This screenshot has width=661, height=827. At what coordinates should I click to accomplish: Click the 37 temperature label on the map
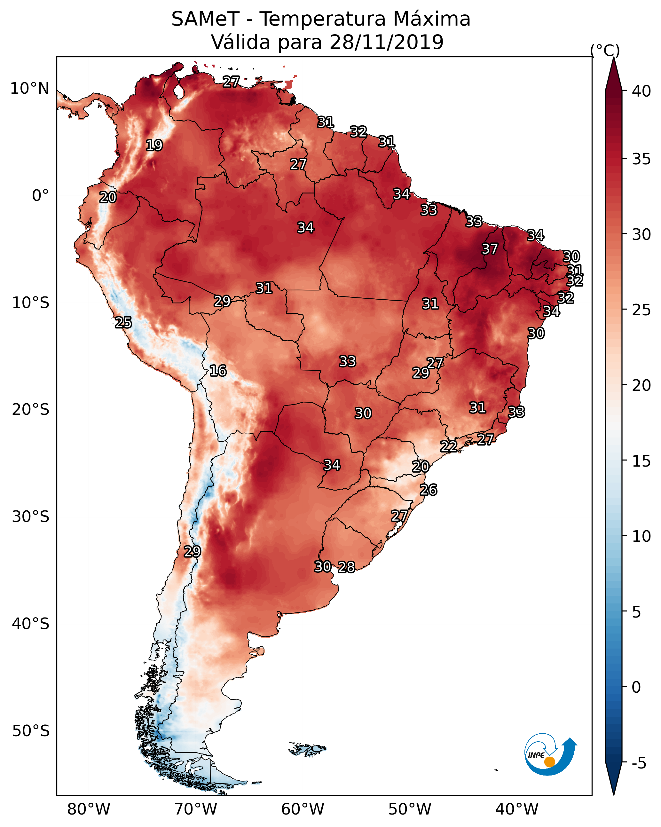pyautogui.click(x=490, y=249)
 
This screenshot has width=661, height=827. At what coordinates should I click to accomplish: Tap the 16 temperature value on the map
pyautogui.click(x=218, y=371)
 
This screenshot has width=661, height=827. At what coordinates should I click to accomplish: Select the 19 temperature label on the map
pyautogui.click(x=154, y=146)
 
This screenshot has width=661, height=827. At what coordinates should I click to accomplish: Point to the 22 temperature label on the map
pyautogui.click(x=448, y=446)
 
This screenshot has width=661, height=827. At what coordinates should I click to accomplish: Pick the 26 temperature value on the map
pyautogui.click(x=428, y=490)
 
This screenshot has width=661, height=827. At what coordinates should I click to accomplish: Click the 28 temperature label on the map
pyautogui.click(x=346, y=567)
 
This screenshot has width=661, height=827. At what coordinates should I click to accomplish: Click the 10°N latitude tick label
pyautogui.click(x=29, y=89)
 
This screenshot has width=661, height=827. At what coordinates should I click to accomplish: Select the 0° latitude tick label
pyautogui.click(x=40, y=196)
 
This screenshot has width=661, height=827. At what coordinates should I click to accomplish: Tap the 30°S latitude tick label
pyautogui.click(x=31, y=517)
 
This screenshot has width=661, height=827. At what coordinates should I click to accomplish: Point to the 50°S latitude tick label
pyautogui.click(x=31, y=731)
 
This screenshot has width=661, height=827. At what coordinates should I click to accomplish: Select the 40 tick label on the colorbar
pyautogui.click(x=641, y=91)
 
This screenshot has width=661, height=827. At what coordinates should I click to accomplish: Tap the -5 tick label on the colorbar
pyautogui.click(x=639, y=763)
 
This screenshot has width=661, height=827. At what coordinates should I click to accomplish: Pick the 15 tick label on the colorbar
pyautogui.click(x=641, y=461)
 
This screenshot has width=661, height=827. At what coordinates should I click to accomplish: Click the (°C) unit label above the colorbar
pyautogui.click(x=605, y=50)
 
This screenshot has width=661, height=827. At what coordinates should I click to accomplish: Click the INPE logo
pyautogui.click(x=550, y=754)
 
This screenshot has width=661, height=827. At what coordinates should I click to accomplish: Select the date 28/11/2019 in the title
pyautogui.click(x=386, y=42)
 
